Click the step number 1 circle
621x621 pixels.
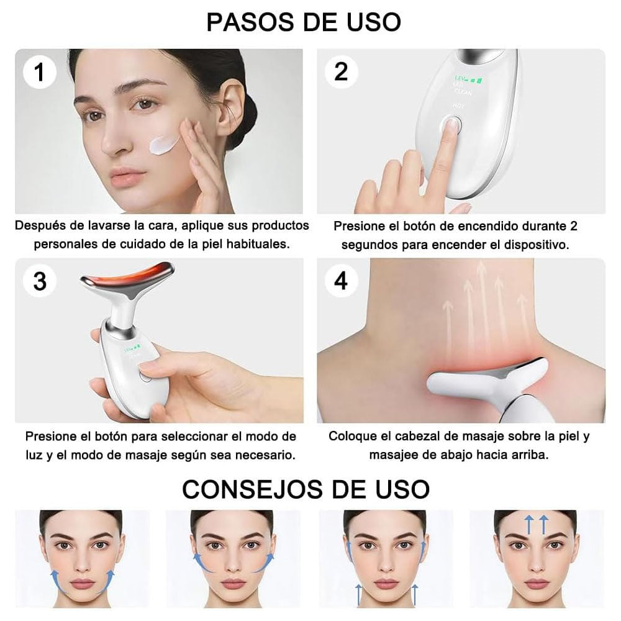[40, 72]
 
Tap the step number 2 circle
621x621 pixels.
[341, 72]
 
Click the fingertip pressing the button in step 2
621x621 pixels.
[450, 127]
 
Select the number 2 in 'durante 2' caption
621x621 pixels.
[574, 225]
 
